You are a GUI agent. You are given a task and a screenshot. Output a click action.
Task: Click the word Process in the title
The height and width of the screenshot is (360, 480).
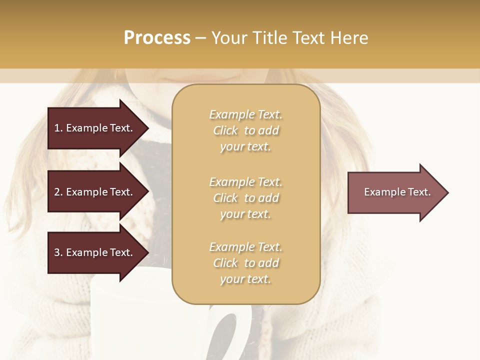157,38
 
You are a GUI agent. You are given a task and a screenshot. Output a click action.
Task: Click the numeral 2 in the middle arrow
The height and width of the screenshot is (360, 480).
57,192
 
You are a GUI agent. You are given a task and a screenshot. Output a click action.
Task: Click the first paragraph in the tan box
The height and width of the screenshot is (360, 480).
245,130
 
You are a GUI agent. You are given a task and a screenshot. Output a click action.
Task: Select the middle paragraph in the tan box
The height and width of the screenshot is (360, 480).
245,197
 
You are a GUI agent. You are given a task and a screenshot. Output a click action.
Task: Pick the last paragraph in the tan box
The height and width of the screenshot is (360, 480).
245,263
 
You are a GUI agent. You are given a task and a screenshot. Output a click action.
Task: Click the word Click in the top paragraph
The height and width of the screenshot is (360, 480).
225,130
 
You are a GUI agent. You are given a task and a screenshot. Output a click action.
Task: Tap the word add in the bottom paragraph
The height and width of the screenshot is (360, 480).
269,263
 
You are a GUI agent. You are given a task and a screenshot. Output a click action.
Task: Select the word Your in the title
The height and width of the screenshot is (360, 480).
230,38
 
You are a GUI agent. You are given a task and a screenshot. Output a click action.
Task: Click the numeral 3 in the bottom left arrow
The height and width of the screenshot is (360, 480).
57,252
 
